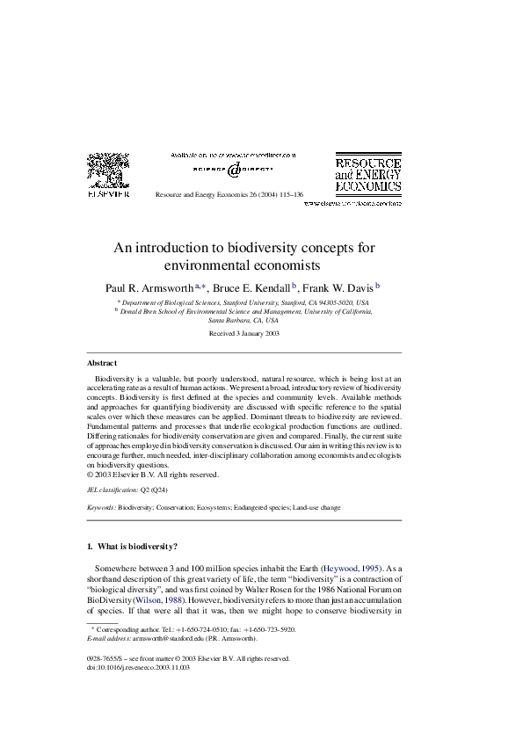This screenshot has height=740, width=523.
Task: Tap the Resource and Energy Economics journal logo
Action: point(367,174)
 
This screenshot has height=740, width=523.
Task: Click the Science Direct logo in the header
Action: point(232,169)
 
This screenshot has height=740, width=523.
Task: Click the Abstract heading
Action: point(102,363)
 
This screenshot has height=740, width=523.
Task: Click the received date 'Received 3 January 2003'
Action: point(243,334)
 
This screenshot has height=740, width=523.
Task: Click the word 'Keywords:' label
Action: point(102,508)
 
